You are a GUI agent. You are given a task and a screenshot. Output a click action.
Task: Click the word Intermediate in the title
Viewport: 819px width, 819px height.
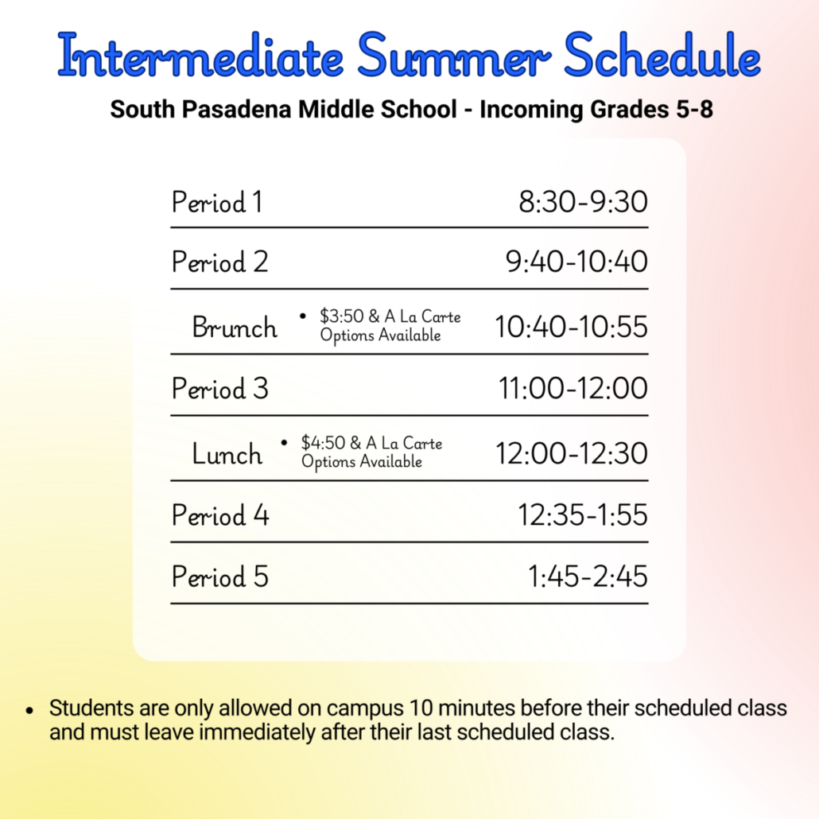(200, 56)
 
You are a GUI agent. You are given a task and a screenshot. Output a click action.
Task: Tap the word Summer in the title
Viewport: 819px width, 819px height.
(454, 56)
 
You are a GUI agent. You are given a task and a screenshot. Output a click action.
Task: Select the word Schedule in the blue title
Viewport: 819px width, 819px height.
(662, 56)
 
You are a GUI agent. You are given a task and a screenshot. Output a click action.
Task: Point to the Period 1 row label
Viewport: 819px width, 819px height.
(217, 202)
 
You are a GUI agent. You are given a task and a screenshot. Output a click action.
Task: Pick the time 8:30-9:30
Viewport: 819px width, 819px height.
(583, 202)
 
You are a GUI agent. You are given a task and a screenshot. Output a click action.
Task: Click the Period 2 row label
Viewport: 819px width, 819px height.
(220, 262)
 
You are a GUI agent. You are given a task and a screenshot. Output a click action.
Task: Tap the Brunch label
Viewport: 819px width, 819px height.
(235, 328)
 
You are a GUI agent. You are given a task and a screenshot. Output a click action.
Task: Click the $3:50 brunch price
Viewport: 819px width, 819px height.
(342, 316)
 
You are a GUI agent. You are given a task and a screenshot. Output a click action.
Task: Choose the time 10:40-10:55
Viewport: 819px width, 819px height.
(571, 327)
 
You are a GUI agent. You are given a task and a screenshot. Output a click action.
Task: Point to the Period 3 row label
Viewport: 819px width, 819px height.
(220, 389)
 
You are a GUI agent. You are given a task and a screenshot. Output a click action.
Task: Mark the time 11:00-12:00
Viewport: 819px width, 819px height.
(573, 388)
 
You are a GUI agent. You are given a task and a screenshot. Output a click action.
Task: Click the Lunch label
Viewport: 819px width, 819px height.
(227, 453)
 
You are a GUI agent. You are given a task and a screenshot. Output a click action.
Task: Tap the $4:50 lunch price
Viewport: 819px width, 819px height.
(323, 443)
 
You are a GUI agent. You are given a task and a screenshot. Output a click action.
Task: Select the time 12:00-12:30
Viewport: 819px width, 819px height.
(572, 453)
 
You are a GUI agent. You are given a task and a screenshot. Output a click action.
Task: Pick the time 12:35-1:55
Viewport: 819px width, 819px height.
(582, 515)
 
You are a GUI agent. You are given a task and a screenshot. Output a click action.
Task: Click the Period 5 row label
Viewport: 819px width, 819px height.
(220, 576)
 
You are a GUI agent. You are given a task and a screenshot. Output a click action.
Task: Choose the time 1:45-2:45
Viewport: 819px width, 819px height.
(588, 576)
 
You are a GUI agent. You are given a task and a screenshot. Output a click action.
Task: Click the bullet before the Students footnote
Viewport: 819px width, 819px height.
(29, 710)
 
